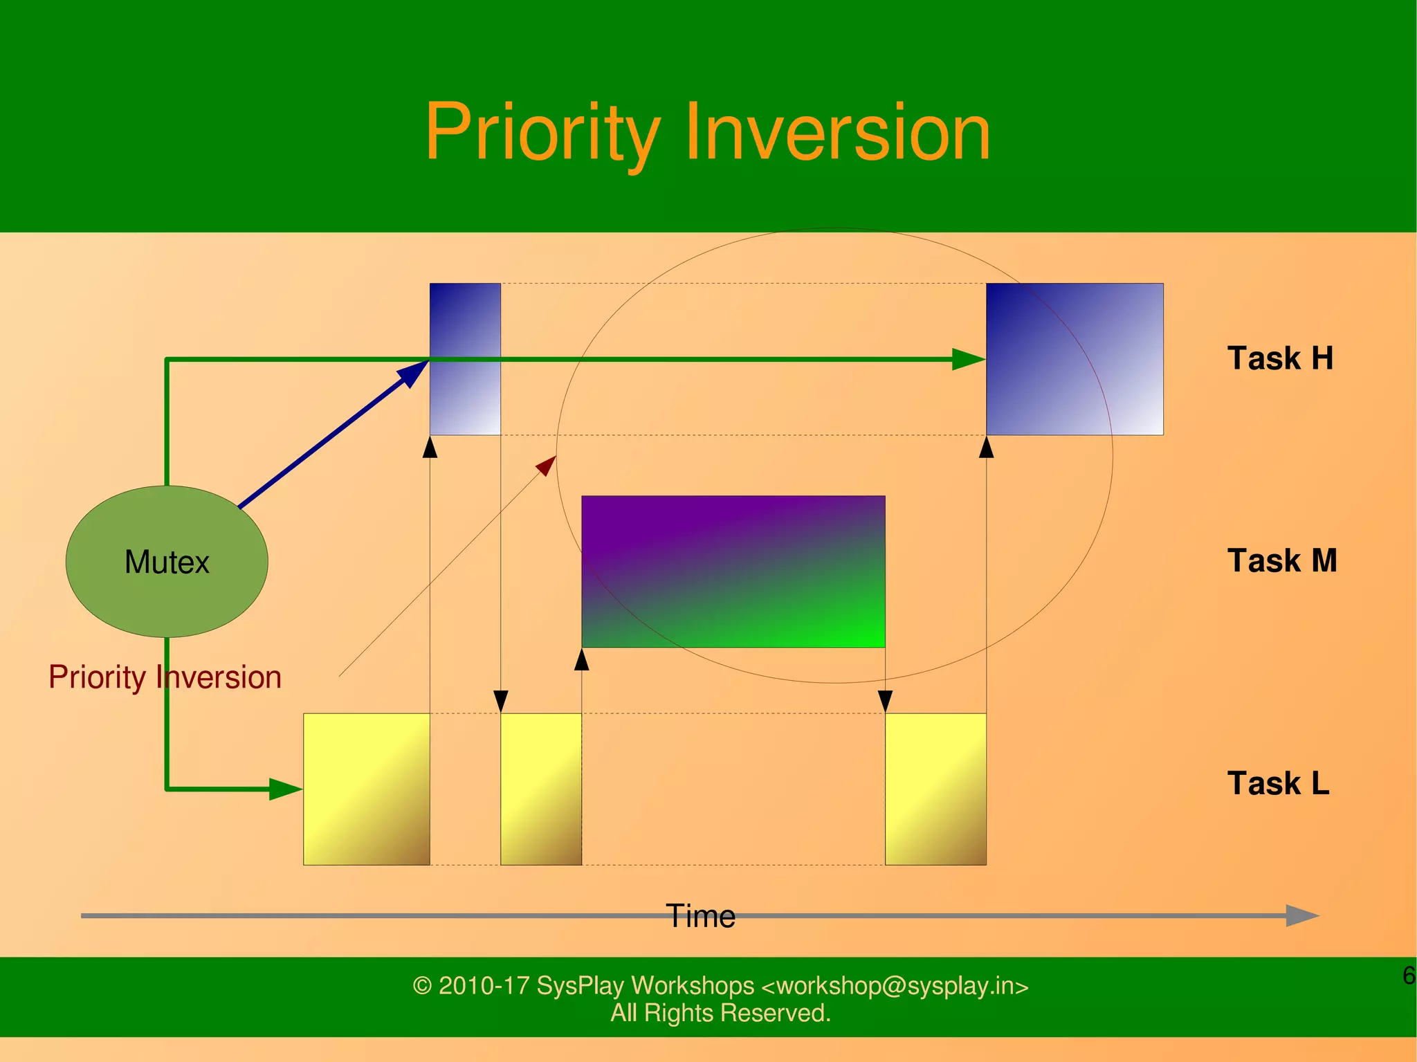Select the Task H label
1279,358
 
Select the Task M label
1281,560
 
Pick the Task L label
1278,783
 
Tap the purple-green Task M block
733,571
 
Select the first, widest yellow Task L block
366,789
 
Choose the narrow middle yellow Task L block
540,789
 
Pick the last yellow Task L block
935,789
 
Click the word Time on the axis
700,916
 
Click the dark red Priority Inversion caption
165,677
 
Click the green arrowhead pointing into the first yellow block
285,789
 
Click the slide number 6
1408,976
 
